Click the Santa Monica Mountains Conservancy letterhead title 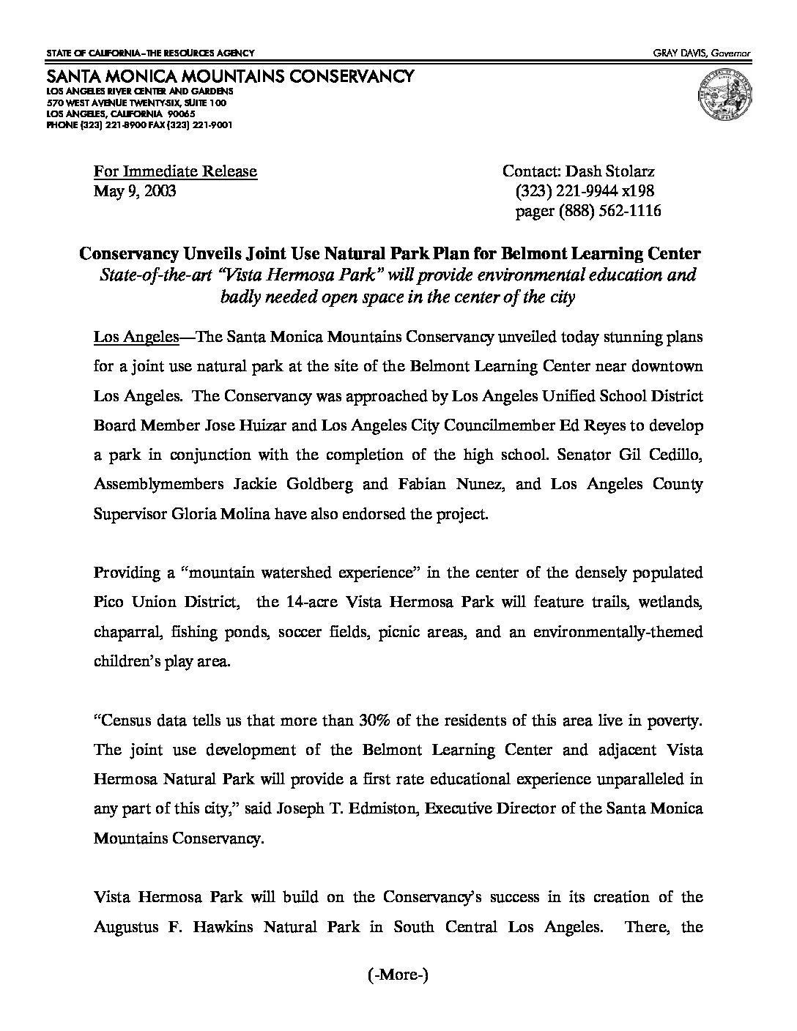pyautogui.click(x=230, y=76)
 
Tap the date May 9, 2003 pyautogui.click(x=135, y=191)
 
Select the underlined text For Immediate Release pyautogui.click(x=175, y=171)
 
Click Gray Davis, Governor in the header pyautogui.click(x=707, y=53)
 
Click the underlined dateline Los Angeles pyautogui.click(x=136, y=337)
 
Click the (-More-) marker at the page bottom pyautogui.click(x=398, y=975)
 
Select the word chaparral pyautogui.click(x=125, y=631)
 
